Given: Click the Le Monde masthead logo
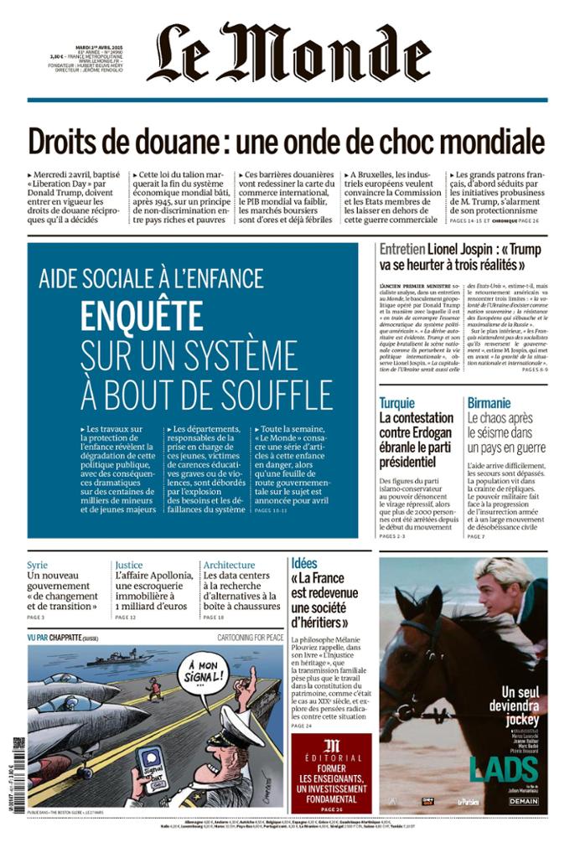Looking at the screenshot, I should tap(288, 53).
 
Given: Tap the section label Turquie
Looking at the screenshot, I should tap(396, 402).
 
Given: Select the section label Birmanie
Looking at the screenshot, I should tap(488, 402).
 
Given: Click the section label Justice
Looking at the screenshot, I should tap(129, 565).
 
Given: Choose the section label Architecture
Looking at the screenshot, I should tap(229, 565).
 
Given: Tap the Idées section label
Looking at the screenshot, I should tap(304, 563).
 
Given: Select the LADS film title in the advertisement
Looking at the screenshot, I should tap(503, 769).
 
